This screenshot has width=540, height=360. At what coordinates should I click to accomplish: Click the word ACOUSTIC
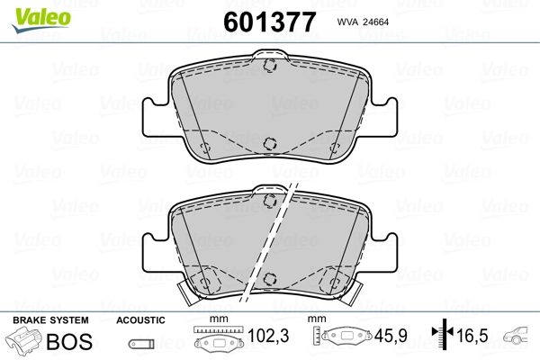pos(140,320)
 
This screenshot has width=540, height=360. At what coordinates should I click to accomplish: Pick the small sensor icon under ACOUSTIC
pos(140,343)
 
